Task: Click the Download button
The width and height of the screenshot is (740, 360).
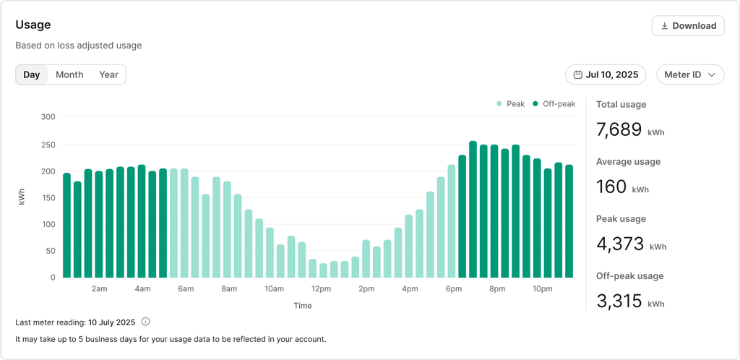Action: [688, 25]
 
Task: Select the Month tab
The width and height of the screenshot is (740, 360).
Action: [69, 74]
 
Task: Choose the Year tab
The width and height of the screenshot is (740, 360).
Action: [108, 74]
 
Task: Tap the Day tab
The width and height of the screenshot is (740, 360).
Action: [32, 74]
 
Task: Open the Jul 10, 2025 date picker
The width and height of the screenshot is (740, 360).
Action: [606, 74]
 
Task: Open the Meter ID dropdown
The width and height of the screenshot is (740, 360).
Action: [689, 74]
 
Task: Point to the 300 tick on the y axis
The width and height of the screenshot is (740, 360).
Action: [48, 117]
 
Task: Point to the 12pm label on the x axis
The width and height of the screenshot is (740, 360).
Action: [321, 289]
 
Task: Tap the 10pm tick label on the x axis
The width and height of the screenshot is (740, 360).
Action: [543, 289]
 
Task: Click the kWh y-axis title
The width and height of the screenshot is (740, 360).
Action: [22, 197]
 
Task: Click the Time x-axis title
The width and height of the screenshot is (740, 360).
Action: [303, 306]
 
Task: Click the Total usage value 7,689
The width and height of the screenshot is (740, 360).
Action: [619, 129]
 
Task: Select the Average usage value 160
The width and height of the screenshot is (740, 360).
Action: [611, 187]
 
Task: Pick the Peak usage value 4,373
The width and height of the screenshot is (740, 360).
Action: [620, 244]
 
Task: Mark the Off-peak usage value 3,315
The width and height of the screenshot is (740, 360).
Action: [619, 301]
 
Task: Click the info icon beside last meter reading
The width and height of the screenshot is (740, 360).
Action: [145, 322]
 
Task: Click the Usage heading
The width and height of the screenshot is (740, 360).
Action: [33, 25]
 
